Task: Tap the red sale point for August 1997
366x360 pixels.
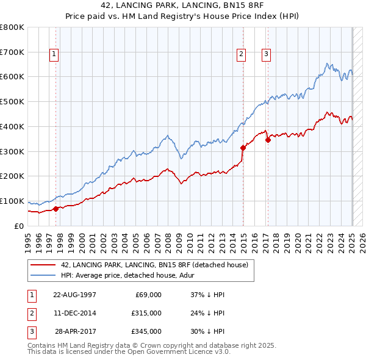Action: tap(56, 209)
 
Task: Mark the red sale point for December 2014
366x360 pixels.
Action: tap(243, 147)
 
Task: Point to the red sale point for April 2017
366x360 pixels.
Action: tap(268, 140)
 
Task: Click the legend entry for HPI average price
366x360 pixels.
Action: tap(117, 276)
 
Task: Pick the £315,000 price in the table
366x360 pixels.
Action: tap(147, 313)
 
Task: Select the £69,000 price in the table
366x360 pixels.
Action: tap(148, 295)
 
